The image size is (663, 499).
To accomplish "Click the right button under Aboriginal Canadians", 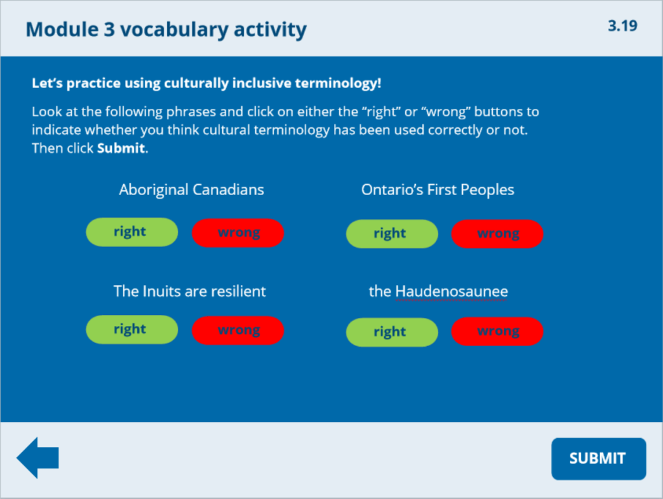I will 131,232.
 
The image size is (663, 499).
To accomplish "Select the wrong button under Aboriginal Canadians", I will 238,233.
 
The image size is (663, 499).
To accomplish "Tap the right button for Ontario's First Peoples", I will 392,234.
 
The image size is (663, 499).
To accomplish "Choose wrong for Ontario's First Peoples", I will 497,234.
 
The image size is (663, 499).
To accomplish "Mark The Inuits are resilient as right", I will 131,329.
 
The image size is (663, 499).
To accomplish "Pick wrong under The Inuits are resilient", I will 238,331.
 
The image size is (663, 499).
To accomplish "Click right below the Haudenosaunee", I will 392,332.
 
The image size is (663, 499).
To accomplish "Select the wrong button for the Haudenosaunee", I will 497,332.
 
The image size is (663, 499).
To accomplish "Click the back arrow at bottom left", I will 38,458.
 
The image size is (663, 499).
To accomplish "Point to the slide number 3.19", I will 622,26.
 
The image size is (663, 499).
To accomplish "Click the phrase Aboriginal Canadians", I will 191,190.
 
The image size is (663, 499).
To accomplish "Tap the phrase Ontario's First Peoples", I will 438,190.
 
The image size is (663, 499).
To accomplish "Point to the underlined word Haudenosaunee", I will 451,292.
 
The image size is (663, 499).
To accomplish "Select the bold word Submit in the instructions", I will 121,148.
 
